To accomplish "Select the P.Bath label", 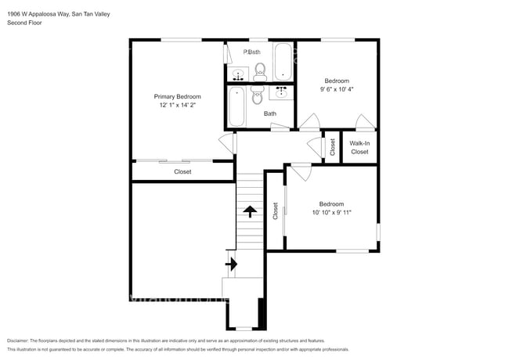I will tap(251, 52).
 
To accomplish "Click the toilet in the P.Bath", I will tap(261, 72).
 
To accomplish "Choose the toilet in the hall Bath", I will tap(257, 95).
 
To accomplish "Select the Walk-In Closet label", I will tap(359, 147).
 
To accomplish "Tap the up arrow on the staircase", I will tap(250, 211).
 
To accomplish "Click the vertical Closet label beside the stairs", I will tap(275, 211).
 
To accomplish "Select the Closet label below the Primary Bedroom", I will tap(182, 171).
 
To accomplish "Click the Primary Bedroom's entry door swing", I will tap(227, 143).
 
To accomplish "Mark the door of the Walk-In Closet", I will tap(363, 122).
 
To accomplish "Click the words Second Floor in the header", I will tap(25, 23).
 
